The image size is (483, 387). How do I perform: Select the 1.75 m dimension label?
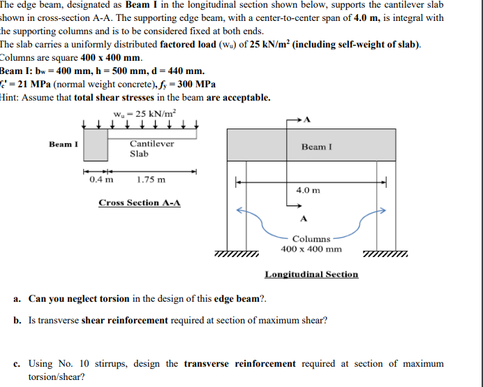click(x=151, y=180)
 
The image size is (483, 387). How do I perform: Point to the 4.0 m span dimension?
click(x=308, y=190)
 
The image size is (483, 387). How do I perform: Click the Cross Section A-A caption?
click(x=140, y=203)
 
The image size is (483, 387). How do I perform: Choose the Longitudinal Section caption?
click(x=311, y=275)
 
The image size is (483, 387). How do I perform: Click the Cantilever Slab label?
click(x=151, y=148)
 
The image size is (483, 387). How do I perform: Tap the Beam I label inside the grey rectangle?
click(x=317, y=147)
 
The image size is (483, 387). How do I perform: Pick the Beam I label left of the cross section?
click(x=64, y=145)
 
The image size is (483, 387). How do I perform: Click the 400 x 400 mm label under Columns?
click(x=311, y=249)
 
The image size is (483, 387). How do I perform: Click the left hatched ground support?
click(x=236, y=254)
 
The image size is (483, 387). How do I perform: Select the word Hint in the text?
click(x=9, y=98)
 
